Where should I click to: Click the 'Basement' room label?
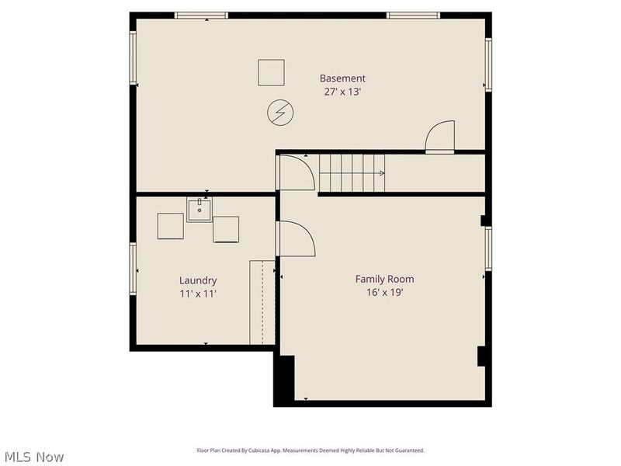point(342,78)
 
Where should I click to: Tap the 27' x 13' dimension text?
point(342,92)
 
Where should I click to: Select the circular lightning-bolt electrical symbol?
point(278,113)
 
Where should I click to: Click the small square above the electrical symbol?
point(272,73)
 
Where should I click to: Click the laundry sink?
point(199,210)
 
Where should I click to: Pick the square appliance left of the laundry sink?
point(171,226)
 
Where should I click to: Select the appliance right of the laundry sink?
point(226,229)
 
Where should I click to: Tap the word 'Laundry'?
point(198,280)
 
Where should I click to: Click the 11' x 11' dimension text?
point(198,294)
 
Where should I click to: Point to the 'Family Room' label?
point(384,279)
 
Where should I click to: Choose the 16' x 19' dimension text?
point(384,293)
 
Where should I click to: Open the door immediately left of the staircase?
point(296,172)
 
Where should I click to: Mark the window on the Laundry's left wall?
point(134,270)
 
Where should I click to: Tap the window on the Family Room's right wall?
point(488,249)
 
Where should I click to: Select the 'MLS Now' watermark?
point(34,457)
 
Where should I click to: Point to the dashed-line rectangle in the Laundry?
point(263,303)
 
